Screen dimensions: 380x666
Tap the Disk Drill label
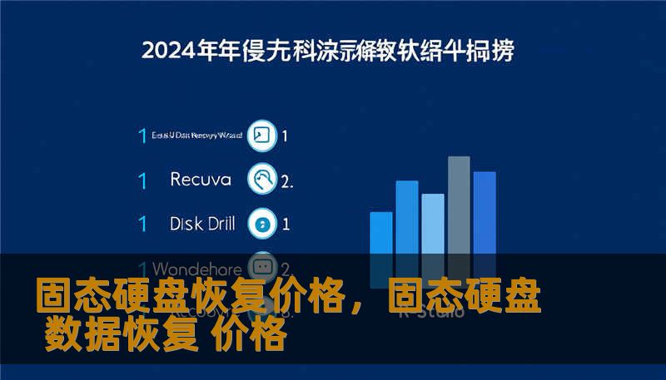[x=202, y=223]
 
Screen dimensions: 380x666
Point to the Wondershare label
[x=197, y=269]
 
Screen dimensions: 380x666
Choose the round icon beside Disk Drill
[x=263, y=223]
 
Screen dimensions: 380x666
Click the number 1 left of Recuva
[x=142, y=180]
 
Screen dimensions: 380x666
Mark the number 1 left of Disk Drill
[x=142, y=223]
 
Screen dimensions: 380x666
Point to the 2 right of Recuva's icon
[x=286, y=180]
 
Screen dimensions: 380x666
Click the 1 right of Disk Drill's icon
[x=286, y=223]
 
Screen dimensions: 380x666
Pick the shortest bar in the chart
[x=380, y=238]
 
